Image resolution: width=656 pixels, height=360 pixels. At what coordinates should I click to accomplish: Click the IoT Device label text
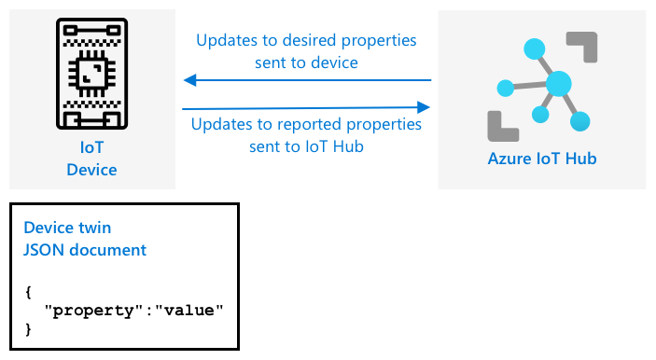pyautogui.click(x=91, y=159)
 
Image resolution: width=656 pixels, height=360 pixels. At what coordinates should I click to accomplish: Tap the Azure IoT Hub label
pyautogui.click(x=542, y=159)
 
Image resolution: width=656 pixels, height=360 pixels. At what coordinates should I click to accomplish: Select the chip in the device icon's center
pyautogui.click(x=92, y=74)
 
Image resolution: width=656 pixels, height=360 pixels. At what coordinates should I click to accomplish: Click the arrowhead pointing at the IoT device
pyautogui.click(x=190, y=80)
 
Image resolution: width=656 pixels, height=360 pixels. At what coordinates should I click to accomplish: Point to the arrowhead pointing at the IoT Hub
pyautogui.click(x=424, y=107)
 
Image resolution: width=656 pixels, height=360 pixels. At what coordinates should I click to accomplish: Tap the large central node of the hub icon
pyautogui.click(x=559, y=84)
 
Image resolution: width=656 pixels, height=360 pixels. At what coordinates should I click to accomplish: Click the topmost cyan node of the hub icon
pyautogui.click(x=535, y=48)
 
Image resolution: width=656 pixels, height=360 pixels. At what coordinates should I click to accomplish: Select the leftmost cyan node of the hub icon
pyautogui.click(x=506, y=88)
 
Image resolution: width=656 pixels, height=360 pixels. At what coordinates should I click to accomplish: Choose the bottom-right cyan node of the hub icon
pyautogui.click(x=579, y=121)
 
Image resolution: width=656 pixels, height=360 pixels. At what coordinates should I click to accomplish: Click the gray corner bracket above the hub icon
pyautogui.click(x=582, y=47)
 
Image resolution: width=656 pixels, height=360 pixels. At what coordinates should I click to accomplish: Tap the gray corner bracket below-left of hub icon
pyautogui.click(x=503, y=126)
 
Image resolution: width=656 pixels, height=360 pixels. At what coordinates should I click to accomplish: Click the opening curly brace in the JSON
pyautogui.click(x=28, y=292)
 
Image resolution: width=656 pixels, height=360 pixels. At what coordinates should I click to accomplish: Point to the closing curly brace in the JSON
pyautogui.click(x=28, y=329)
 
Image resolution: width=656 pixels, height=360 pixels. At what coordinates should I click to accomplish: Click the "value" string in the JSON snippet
pyautogui.click(x=189, y=311)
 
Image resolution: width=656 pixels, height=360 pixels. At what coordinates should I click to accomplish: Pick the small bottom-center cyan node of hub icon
pyautogui.click(x=540, y=114)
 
